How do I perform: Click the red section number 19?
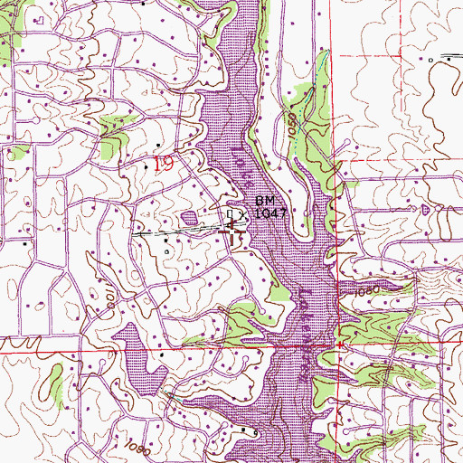click(163, 164)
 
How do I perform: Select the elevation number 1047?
click(270, 213)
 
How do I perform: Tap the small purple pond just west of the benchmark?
click(189, 217)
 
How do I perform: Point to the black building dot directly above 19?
click(159, 144)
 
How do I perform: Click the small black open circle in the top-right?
click(432, 59)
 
